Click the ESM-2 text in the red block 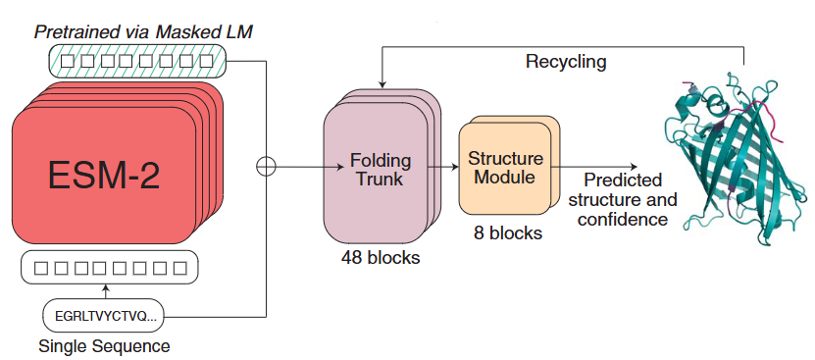coord(104,176)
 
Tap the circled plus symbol coord(266,167)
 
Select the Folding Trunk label coord(381,169)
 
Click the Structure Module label coord(505,167)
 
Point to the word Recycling coord(566,62)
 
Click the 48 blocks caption coord(381,257)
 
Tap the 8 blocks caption coord(507,232)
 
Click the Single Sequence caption coord(104,346)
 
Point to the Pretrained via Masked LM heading coord(143,32)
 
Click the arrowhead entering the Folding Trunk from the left coord(341,167)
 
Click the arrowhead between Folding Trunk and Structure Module coord(454,167)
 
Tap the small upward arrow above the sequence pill coord(106,290)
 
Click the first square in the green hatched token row coord(67,62)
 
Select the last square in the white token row coord(179,269)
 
